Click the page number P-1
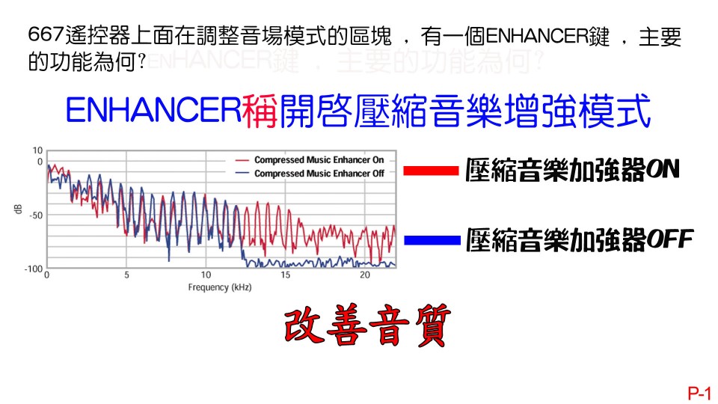coord(700,392)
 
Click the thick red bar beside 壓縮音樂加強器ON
coord(430,171)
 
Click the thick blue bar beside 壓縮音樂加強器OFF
coord(431,240)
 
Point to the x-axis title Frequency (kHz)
coord(220,287)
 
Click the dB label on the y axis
coord(18,209)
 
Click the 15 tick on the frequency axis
coord(285,275)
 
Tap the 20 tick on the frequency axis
coord(364,275)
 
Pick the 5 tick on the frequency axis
coord(126,275)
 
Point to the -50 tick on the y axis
coord(35,215)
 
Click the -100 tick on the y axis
coord(33,269)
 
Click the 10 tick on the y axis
coord(37,150)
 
